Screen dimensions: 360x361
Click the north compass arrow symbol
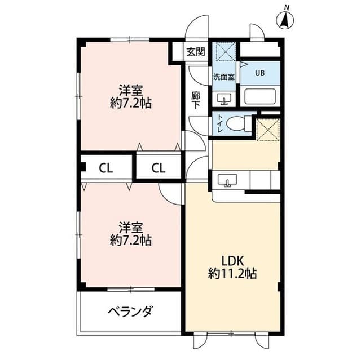(x=287, y=20)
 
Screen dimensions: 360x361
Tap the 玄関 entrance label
(x=196, y=52)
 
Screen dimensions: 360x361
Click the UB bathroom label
(x=259, y=72)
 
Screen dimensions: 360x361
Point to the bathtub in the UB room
(x=259, y=97)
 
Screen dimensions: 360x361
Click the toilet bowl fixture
(x=240, y=122)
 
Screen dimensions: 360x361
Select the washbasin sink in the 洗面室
(x=224, y=100)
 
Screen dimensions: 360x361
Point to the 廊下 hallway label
(x=196, y=100)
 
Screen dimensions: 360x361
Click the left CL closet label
(x=105, y=167)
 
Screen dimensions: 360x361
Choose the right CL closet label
(x=158, y=167)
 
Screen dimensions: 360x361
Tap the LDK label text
(x=232, y=261)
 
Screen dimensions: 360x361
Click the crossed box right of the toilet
(x=268, y=129)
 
